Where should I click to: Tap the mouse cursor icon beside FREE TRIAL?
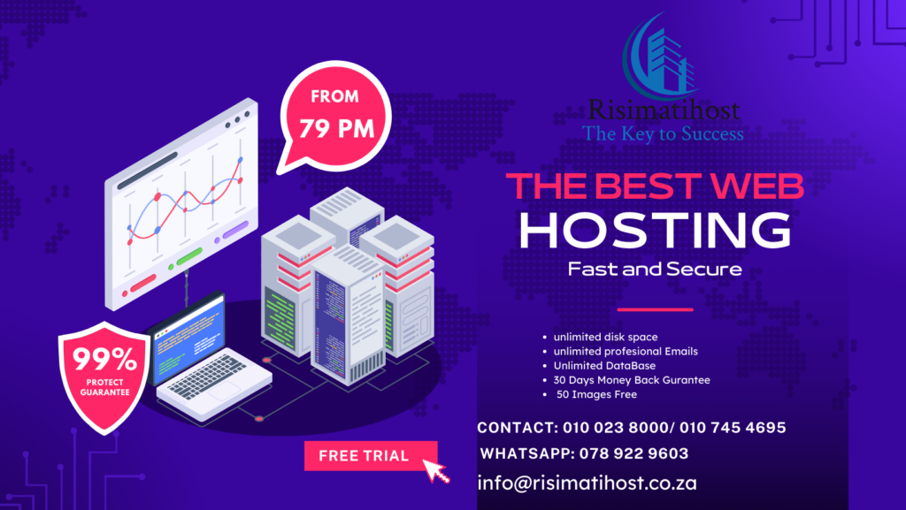(435, 471)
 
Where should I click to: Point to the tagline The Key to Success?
(663, 133)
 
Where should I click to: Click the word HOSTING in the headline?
(655, 230)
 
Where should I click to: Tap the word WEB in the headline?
(757, 186)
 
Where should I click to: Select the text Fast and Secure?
(655, 269)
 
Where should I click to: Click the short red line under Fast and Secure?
(655, 310)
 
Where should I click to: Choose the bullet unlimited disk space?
(605, 337)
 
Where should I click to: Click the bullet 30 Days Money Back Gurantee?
(632, 380)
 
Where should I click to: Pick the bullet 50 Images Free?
(596, 394)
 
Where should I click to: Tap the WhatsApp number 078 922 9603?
(633, 453)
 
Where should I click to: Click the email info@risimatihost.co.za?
(587, 483)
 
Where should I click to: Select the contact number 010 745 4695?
(733, 428)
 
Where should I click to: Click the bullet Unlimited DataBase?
(604, 366)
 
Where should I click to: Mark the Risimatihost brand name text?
(664, 110)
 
